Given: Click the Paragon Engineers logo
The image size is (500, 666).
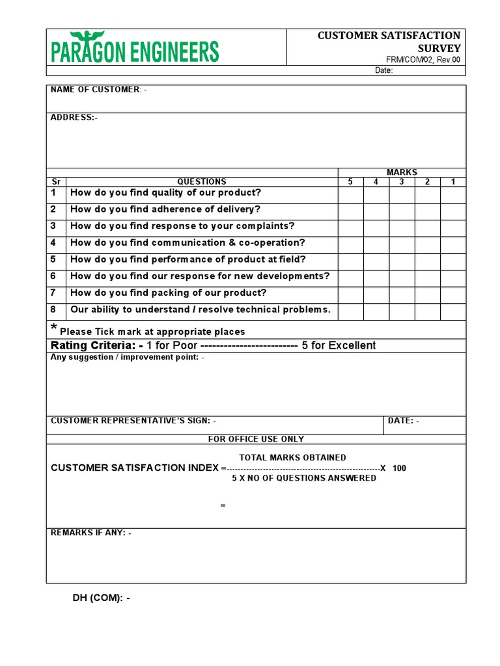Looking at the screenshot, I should pyautogui.click(x=135, y=47).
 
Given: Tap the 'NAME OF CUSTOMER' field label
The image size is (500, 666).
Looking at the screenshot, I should pyautogui.click(x=95, y=90).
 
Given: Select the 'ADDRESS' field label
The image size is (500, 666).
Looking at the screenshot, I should pyautogui.click(x=72, y=118).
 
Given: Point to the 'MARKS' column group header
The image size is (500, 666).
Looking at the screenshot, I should pyautogui.click(x=402, y=172).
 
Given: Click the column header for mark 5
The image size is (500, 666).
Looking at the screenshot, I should pyautogui.click(x=350, y=182).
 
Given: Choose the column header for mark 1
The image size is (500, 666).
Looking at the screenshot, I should pyautogui.click(x=453, y=182).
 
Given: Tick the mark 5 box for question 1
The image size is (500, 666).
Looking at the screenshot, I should pyautogui.click(x=350, y=194).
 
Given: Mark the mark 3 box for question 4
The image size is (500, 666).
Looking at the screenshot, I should pyautogui.click(x=402, y=245).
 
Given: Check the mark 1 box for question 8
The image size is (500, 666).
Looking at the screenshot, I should pyautogui.click(x=453, y=312).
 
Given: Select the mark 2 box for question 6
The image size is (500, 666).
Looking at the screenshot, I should pyautogui.click(x=428, y=278).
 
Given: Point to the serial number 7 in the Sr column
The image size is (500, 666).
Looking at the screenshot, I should pyautogui.click(x=53, y=293).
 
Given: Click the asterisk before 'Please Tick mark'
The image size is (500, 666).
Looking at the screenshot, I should pyautogui.click(x=53, y=327).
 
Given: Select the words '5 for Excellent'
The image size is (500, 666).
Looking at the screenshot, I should pyautogui.click(x=339, y=345).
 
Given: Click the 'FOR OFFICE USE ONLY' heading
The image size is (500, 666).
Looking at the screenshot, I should pyautogui.click(x=256, y=439).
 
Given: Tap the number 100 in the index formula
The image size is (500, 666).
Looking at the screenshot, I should pyautogui.click(x=399, y=468).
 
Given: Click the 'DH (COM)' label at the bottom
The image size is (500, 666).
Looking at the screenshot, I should pyautogui.click(x=100, y=598).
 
